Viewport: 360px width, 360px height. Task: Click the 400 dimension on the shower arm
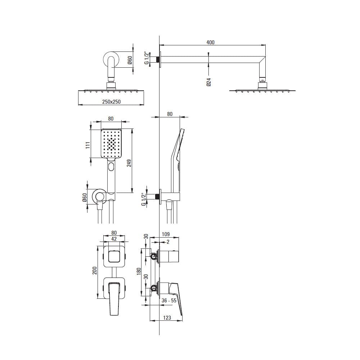(x=210, y=42)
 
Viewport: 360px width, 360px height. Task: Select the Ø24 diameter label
(x=208, y=82)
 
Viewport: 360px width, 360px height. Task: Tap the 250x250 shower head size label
(x=111, y=102)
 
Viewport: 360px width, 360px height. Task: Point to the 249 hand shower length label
(x=129, y=163)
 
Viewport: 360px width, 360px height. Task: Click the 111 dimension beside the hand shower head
(x=88, y=145)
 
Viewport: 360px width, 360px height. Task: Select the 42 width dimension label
(x=114, y=239)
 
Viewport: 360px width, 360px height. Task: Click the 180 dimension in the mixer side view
(x=139, y=272)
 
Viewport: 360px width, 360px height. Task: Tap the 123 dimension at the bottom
(x=167, y=318)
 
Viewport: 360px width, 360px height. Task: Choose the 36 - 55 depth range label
(x=169, y=301)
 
